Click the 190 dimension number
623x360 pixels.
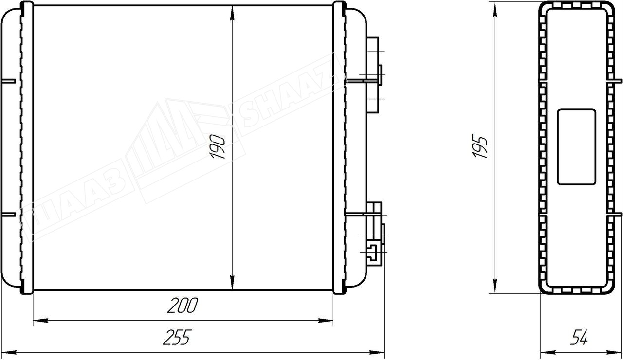tap(218, 147)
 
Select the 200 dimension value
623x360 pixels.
tap(183, 305)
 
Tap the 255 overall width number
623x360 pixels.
tap(177, 337)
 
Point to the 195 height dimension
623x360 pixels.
tap(480, 146)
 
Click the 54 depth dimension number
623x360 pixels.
tap(579, 337)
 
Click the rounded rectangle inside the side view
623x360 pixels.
tap(576, 147)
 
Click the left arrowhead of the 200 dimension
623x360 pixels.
tap(40, 321)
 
